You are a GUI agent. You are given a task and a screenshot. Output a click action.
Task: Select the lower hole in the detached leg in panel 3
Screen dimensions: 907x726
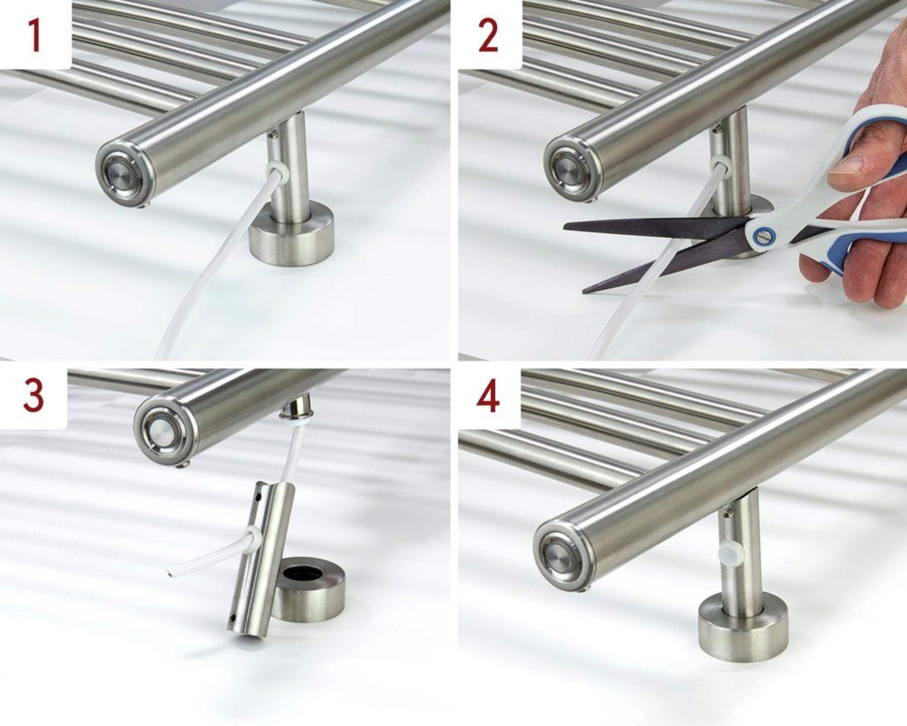click(x=233, y=618)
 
